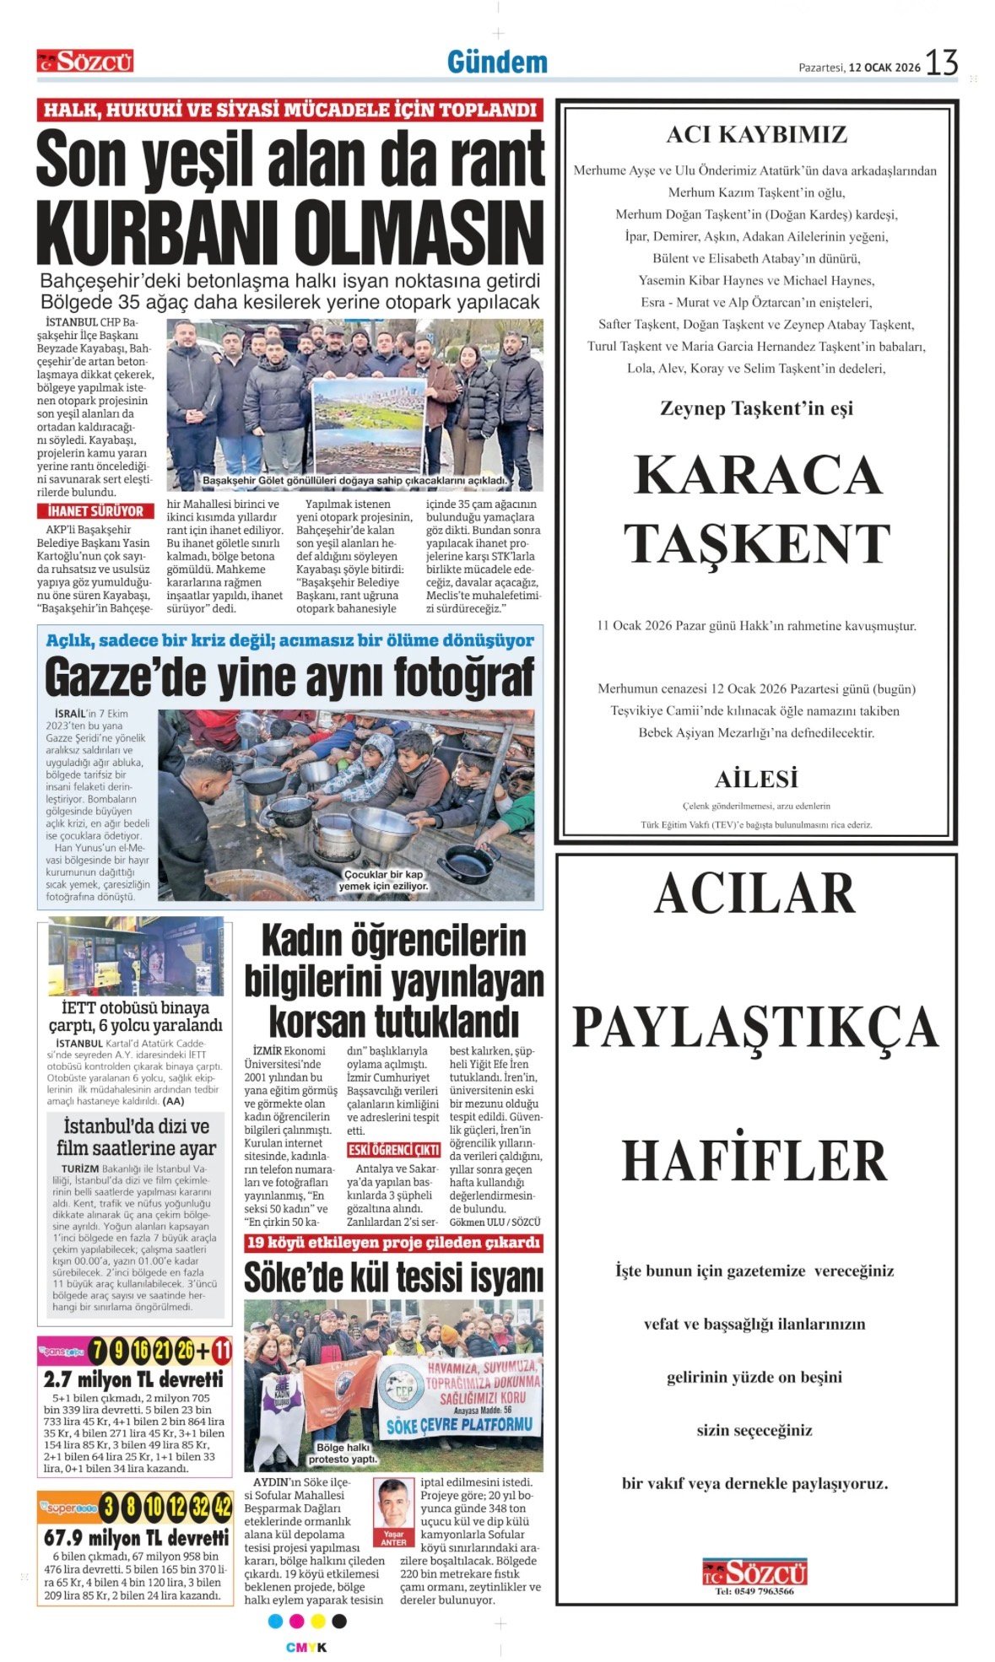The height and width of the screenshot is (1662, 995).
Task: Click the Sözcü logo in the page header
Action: pos(85,62)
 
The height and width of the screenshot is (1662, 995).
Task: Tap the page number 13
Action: pos(942,63)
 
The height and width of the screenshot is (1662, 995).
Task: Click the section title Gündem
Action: pos(497,62)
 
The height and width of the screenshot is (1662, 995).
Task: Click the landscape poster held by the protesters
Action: pos(368,422)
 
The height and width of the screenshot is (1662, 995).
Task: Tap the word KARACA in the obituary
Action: pos(757,475)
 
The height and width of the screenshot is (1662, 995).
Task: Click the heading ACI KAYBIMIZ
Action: pos(756,135)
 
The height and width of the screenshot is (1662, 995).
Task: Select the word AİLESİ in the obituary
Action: pos(756,779)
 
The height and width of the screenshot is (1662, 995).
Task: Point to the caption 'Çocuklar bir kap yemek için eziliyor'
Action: pos(383,880)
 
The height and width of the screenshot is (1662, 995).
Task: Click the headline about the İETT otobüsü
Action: pos(135,1017)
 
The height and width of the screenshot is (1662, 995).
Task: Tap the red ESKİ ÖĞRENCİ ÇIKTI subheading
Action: pos(393,1150)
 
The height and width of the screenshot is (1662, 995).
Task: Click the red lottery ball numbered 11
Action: pos(220,1351)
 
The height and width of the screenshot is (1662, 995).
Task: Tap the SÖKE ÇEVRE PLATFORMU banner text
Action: pos(460,1425)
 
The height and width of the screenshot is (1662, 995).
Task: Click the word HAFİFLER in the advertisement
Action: pos(755,1161)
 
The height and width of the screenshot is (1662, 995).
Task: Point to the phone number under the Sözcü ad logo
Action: pos(754,1591)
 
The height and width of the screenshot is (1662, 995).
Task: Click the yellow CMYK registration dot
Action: pos(318,1621)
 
